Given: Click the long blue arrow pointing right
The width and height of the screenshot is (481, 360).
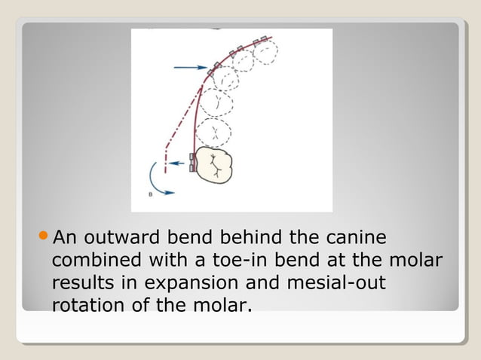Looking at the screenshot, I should pos(190,68).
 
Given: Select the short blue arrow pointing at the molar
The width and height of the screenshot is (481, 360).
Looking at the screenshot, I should pos(178,163).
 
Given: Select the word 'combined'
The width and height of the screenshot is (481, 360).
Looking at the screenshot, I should pos(89,261).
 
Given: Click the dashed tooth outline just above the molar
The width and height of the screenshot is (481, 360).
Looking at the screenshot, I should pos(215,133).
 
